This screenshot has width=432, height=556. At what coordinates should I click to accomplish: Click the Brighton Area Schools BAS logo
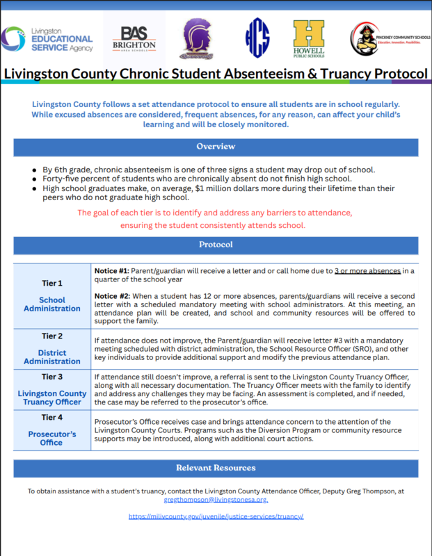tap(138, 38)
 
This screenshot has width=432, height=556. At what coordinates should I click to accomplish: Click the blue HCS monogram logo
tap(257, 38)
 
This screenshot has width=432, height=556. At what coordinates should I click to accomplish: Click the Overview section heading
tap(216, 147)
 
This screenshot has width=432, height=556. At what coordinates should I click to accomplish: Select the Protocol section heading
tap(216, 245)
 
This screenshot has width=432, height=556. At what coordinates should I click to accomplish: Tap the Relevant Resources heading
tap(216, 468)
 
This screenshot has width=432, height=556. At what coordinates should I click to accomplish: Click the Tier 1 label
tap(51, 283)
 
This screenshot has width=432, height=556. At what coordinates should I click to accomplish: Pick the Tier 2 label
tap(51, 336)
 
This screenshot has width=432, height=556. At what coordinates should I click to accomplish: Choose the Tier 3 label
tap(51, 377)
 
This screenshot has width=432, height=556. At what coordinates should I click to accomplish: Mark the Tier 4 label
tap(51, 417)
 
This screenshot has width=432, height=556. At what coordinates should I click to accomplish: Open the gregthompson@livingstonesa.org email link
tap(216, 499)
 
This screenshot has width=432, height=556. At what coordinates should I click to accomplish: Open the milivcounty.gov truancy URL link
tap(216, 516)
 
